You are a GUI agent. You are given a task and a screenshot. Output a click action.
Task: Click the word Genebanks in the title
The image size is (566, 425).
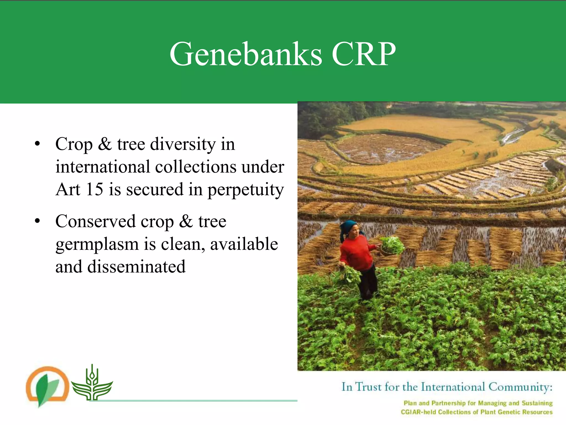click(x=245, y=54)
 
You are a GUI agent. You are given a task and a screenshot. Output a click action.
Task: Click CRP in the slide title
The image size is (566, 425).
click(x=363, y=54)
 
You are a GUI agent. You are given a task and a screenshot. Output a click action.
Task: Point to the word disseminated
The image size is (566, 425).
click(x=136, y=267)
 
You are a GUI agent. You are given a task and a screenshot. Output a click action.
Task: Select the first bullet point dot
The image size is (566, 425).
click(x=37, y=144)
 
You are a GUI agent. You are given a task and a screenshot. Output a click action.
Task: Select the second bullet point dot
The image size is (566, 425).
click(x=37, y=221)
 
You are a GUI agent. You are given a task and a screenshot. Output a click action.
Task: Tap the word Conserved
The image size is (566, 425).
click(x=95, y=222)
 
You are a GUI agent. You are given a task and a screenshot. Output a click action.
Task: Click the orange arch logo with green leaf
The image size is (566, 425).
click(x=47, y=386)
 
